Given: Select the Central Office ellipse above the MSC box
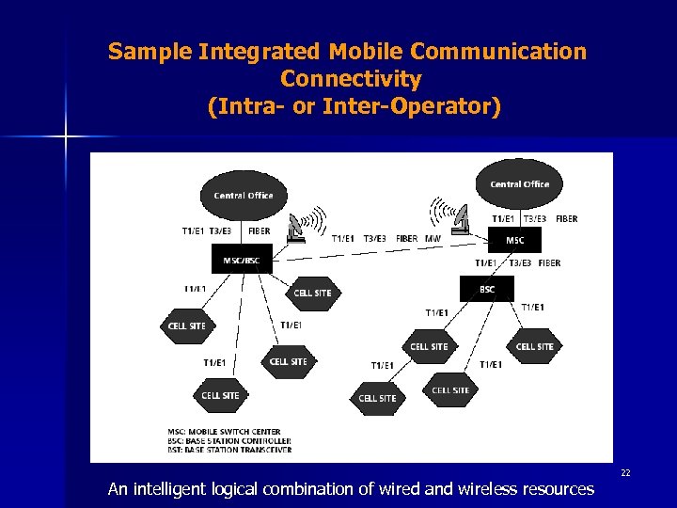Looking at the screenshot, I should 520,183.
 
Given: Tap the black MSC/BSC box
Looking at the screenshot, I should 242,260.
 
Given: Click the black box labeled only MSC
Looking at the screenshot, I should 515,240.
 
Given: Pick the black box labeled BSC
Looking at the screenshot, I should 486,289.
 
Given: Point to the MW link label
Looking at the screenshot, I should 433,239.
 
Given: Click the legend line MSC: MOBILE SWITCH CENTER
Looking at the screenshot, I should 224,432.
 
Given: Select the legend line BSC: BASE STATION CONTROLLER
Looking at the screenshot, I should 228,440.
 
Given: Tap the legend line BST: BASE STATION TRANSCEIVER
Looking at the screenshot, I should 228,450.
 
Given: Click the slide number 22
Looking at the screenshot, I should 625,473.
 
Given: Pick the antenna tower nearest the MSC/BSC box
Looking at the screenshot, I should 297,227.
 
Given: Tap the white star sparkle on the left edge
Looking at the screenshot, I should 66,137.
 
